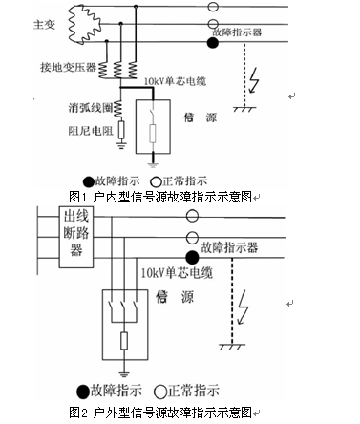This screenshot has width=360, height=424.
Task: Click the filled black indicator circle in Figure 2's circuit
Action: pos(192,256)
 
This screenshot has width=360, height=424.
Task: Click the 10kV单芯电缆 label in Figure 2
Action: pos(173,273)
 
